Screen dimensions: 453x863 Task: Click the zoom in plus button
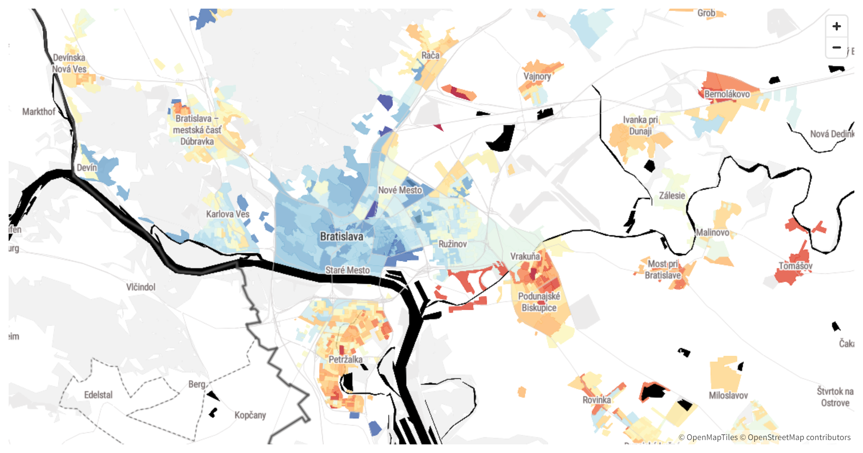point(836,26)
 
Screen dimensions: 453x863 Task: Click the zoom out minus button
point(836,47)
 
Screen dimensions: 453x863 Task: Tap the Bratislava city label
point(341,237)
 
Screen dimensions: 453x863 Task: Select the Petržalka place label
point(346,359)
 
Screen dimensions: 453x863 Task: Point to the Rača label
point(430,55)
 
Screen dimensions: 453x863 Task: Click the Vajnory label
point(537,76)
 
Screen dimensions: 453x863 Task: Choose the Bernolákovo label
point(727,94)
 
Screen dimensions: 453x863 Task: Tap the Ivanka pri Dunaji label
point(640,125)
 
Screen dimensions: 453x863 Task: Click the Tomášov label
point(795,266)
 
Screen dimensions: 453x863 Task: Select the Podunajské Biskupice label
point(539,302)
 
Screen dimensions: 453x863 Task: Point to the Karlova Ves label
point(228,214)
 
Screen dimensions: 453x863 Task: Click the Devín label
point(87,168)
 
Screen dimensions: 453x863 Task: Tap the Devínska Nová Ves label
point(69,63)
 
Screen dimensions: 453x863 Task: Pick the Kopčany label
point(250,415)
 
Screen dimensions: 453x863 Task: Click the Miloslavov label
point(728,395)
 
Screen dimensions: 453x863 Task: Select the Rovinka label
point(597,400)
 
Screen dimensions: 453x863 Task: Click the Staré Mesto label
point(347,270)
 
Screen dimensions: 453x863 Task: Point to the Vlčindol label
point(141,287)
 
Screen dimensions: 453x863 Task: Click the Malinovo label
point(712,233)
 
